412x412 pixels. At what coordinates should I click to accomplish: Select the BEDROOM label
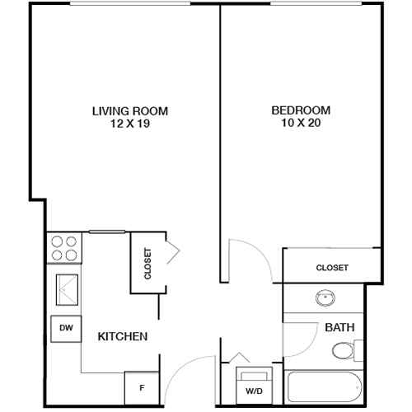[x=301, y=110]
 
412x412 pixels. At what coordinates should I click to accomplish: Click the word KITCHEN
[x=123, y=337]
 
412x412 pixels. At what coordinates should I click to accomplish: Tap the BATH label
[x=339, y=328]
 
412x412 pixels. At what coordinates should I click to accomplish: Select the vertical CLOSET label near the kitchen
[x=148, y=264]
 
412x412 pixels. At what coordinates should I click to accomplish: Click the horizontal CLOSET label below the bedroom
[x=332, y=268]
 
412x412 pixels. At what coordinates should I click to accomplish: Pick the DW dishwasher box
[x=65, y=328]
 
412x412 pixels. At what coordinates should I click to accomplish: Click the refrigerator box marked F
[x=141, y=386]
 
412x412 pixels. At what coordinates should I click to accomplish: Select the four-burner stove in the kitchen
[x=64, y=249]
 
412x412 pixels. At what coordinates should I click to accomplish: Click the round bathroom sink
[x=323, y=298]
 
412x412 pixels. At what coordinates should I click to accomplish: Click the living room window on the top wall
[x=132, y=4]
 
